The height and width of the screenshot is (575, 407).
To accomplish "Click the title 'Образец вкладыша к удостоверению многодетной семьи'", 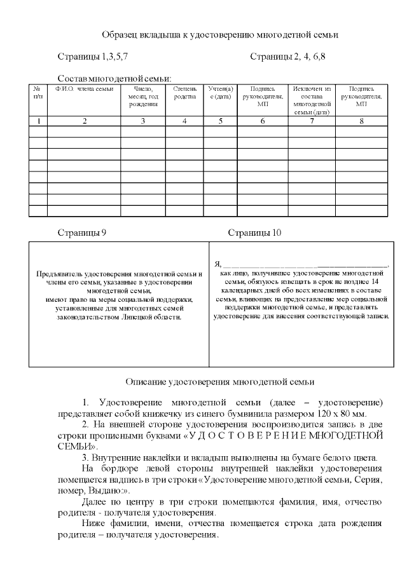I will pyautogui.click(x=219, y=35).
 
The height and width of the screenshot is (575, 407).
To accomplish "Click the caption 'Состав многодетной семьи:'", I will pyautogui.click(x=114, y=78).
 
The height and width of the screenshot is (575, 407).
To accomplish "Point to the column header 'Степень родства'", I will pyautogui.click(x=184, y=93).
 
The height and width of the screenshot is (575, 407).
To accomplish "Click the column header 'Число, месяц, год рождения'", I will pyautogui.click(x=143, y=97).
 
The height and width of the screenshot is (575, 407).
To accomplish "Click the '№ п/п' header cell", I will pyautogui.click(x=38, y=93).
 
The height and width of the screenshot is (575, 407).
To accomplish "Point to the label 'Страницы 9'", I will pyautogui.click(x=81, y=233).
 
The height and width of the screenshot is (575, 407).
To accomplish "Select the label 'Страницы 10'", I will pyautogui.click(x=254, y=233).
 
